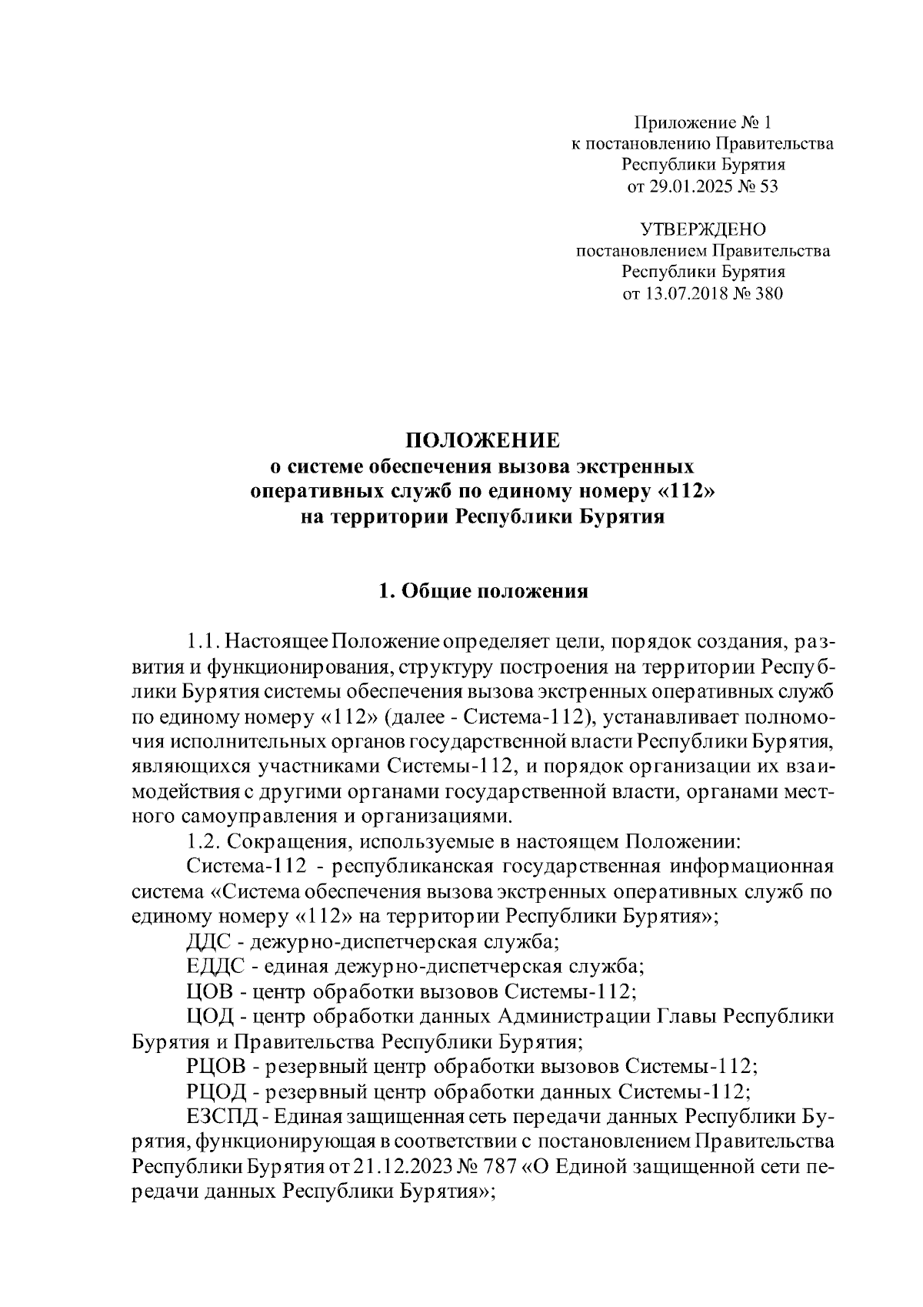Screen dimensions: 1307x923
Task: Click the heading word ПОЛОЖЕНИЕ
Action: coord(483,440)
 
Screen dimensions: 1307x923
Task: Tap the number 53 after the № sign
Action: coord(768,186)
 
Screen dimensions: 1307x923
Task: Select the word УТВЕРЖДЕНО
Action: coord(703,229)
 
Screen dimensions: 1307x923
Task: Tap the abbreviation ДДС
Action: coord(205,941)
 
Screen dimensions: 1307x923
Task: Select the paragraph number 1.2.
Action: coord(202,841)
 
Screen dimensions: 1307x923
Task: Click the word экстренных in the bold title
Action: coord(635,466)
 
